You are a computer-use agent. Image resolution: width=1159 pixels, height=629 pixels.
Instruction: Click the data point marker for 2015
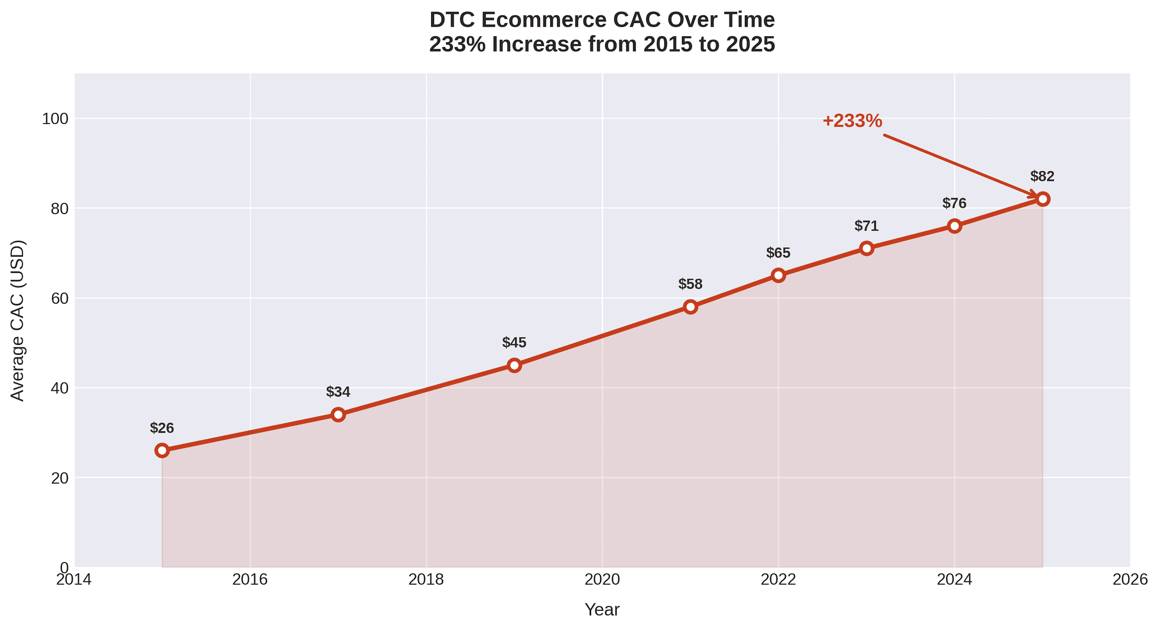pyautogui.click(x=162, y=450)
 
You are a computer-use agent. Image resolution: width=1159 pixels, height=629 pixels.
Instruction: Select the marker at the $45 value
pyautogui.click(x=514, y=365)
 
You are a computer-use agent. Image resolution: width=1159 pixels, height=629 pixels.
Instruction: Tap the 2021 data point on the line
pyautogui.click(x=690, y=307)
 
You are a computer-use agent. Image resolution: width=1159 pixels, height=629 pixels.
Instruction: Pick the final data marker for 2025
pyautogui.click(x=1042, y=199)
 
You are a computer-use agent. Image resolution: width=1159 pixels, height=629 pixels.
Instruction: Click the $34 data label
pyautogui.click(x=338, y=392)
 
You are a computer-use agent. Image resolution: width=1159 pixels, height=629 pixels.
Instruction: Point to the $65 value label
pyautogui.click(x=778, y=253)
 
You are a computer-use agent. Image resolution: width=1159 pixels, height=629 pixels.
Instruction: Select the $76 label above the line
pyautogui.click(x=954, y=203)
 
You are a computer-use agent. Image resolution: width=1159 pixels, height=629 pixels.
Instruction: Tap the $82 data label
pyautogui.click(x=1042, y=176)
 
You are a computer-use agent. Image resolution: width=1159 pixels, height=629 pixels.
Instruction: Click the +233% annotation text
pyautogui.click(x=852, y=121)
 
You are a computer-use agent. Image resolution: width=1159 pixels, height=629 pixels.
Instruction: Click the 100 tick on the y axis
pyautogui.click(x=55, y=119)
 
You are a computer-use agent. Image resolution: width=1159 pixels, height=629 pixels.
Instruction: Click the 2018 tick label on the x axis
pyautogui.click(x=426, y=580)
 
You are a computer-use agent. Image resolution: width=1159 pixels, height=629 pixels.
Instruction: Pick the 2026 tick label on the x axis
pyautogui.click(x=1130, y=580)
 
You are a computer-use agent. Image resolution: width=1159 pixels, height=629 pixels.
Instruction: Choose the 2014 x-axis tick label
pyautogui.click(x=74, y=580)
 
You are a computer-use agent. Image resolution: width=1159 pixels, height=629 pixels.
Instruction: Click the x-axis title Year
pyautogui.click(x=602, y=610)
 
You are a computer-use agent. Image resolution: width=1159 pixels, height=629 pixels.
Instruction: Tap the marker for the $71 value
pyautogui.click(x=866, y=248)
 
